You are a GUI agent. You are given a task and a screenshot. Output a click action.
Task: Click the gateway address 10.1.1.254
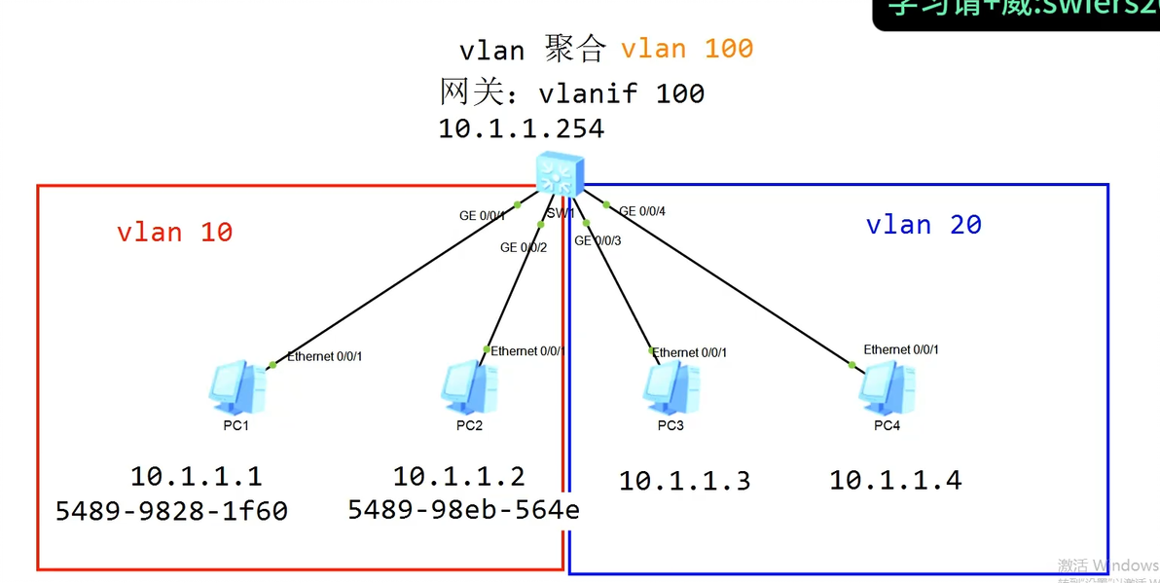coord(521,128)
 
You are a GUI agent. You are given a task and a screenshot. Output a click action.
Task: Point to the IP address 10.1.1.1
coord(196,476)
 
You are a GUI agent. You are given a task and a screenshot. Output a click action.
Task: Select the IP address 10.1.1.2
coord(458,476)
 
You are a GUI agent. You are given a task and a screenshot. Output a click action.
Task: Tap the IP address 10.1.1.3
coord(684,481)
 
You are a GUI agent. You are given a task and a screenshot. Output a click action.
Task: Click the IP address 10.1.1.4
coord(894,480)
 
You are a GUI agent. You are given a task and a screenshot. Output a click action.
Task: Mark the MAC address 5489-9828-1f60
coord(171,511)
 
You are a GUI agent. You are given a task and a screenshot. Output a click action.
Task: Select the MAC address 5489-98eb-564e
coord(463,509)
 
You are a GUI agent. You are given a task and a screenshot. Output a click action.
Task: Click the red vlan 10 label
coord(174,233)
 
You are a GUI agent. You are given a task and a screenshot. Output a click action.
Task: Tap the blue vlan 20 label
coord(923,225)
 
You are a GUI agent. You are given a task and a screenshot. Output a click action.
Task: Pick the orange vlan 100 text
coord(687,49)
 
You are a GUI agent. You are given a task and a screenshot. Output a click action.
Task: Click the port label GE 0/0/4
coord(641,211)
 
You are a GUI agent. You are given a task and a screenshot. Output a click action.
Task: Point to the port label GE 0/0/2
coord(524,247)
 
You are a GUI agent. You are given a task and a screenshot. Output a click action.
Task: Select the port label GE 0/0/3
coord(598,240)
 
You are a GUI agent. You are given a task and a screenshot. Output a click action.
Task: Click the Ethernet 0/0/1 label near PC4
coord(901,349)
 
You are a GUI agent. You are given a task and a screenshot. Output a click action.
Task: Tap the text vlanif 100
coord(621,93)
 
